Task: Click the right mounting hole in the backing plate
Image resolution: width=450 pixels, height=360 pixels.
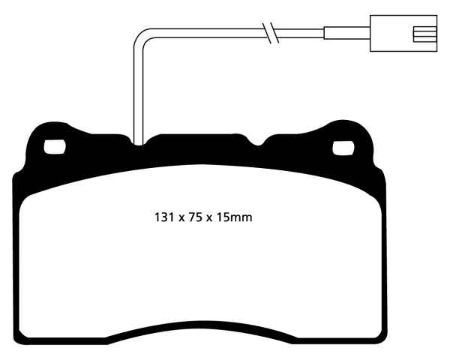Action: point(344,148)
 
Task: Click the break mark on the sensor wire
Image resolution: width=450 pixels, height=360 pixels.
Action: point(271,32)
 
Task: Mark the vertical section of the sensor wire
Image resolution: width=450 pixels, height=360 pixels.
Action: point(135,90)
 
